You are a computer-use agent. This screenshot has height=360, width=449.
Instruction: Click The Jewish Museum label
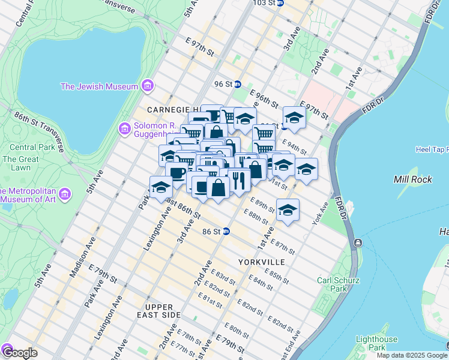pyautogui.click(x=99, y=86)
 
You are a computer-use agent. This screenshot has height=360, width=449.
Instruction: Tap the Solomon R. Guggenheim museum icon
pyautogui.click(x=125, y=128)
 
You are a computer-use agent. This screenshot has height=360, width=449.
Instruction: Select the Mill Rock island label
pyautogui.click(x=409, y=179)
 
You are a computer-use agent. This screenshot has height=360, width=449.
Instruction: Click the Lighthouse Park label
pyautogui.click(x=376, y=343)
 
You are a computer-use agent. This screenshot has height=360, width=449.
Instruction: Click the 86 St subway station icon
pyautogui.click(x=226, y=231)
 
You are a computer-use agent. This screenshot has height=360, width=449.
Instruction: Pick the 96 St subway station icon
pyautogui.click(x=238, y=85)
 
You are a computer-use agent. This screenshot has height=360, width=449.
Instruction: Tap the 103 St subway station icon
pyautogui.click(x=280, y=3)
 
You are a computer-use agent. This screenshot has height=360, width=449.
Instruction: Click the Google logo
pyautogui.click(x=19, y=353)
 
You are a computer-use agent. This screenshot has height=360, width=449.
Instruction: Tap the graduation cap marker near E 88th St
pyautogui.click(x=288, y=210)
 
